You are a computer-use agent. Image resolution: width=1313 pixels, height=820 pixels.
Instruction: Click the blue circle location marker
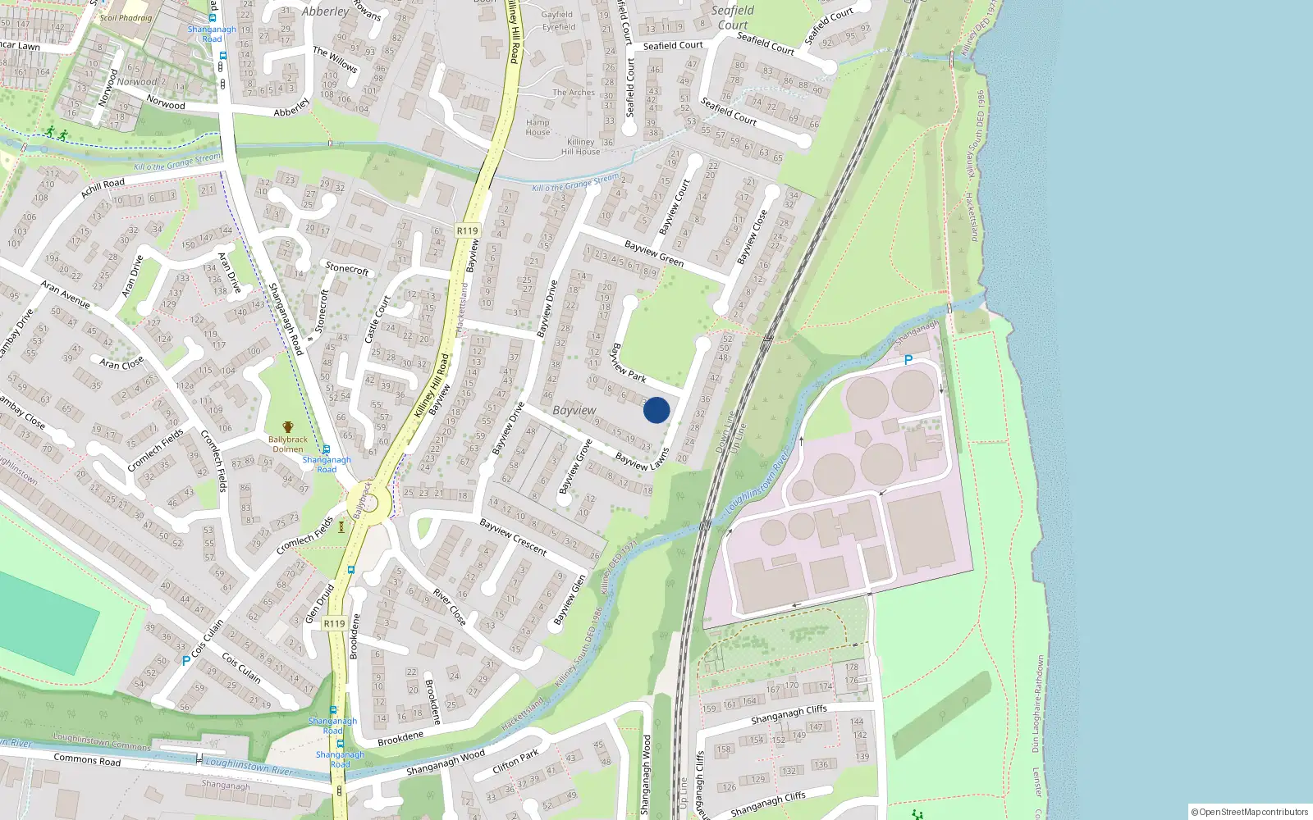coord(656,410)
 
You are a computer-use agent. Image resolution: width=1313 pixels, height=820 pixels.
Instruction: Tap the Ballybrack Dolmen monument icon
coord(288,427)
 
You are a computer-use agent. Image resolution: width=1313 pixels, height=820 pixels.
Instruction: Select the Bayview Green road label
coord(654,253)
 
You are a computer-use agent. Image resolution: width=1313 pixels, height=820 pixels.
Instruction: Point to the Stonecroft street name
coord(347,267)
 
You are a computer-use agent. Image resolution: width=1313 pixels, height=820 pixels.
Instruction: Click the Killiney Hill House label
coord(580,147)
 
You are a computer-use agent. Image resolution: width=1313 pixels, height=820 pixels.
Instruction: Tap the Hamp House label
coord(538,127)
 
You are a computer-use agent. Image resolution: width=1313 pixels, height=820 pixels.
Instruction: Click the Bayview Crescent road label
coord(513,537)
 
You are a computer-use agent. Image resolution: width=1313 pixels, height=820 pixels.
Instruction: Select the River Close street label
coord(450,607)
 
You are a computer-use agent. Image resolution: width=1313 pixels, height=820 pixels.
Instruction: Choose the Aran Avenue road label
coord(66,294)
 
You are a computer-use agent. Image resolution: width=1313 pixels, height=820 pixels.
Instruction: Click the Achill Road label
coord(103,189)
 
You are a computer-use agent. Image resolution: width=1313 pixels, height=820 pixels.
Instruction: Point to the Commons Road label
coord(87,760)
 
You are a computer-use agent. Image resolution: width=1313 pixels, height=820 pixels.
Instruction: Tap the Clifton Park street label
coord(515,763)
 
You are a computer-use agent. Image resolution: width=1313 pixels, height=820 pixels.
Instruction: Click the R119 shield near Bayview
coord(467,230)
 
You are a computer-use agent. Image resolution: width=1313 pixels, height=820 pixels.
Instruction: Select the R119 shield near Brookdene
coord(334,623)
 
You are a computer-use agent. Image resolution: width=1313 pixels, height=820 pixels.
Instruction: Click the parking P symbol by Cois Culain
coord(186,660)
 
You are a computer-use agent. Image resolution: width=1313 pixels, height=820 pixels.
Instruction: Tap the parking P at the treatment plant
coord(908,360)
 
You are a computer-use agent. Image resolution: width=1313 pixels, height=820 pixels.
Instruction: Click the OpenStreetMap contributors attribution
coord(1249,812)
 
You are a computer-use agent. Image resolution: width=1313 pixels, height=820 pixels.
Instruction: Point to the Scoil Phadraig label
coord(126,17)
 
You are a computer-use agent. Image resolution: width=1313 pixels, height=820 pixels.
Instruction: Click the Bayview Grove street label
coord(575,467)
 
